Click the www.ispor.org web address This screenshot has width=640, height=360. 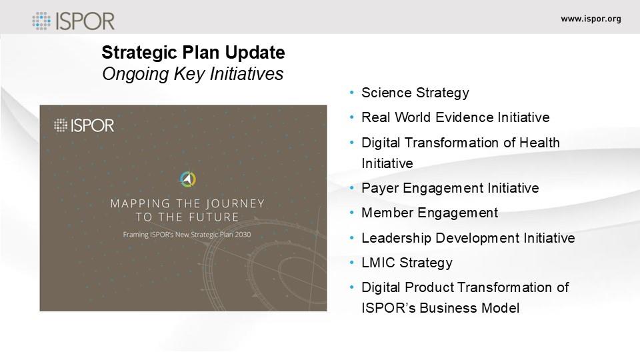click(x=591, y=19)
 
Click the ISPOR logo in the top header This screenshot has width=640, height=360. click(x=73, y=21)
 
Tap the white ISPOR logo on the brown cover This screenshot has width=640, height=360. click(x=84, y=125)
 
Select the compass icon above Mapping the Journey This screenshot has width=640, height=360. click(x=188, y=179)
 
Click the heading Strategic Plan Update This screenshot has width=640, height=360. click(x=193, y=52)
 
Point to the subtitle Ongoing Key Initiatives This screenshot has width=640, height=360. click(x=193, y=74)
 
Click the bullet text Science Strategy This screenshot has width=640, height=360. click(x=415, y=93)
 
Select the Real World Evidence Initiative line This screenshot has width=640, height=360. click(x=455, y=117)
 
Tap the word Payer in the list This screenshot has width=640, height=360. click(x=380, y=188)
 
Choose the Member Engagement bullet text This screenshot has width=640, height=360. click(x=430, y=213)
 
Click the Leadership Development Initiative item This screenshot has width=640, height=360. click(x=468, y=238)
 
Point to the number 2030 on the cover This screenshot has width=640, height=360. click(x=243, y=235)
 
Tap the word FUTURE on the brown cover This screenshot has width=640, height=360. click(x=213, y=217)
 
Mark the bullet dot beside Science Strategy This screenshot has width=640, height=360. click(x=352, y=93)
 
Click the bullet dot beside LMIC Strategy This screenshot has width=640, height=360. click(x=352, y=263)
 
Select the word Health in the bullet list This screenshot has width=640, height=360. click(x=539, y=143)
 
